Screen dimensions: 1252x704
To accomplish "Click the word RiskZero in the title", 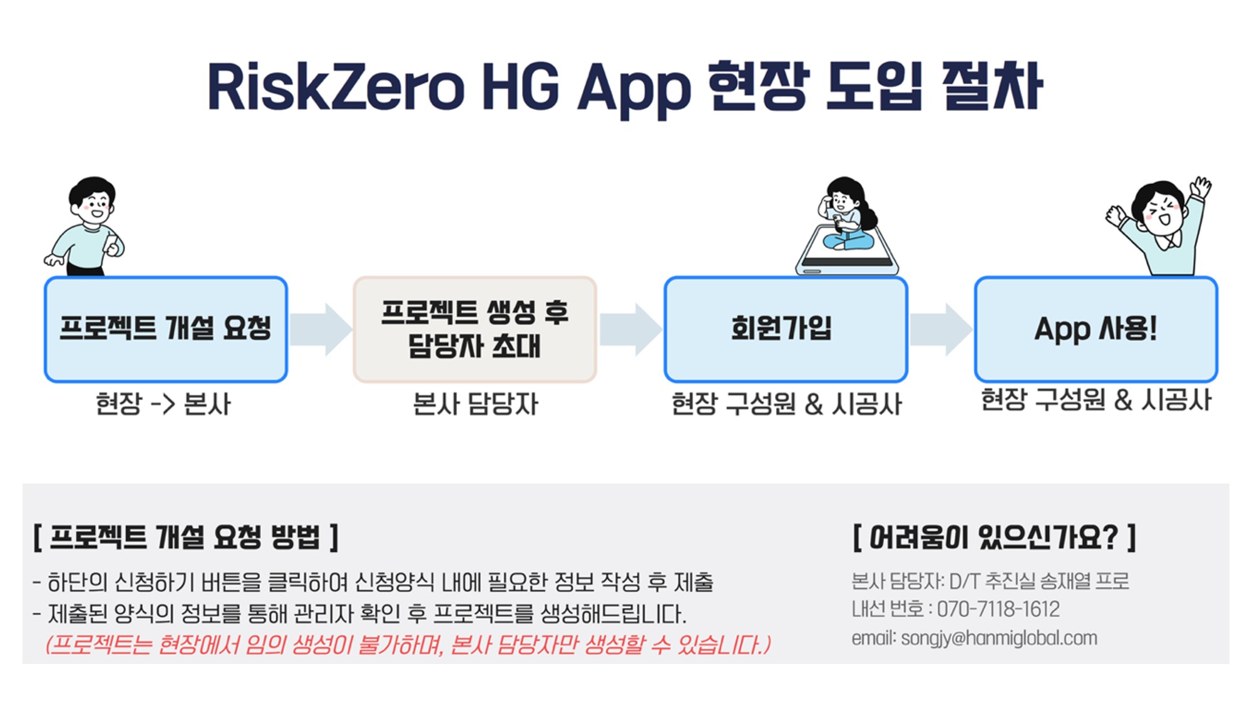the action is pos(336,87).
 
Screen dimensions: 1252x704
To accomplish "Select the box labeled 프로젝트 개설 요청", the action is pos(166,329).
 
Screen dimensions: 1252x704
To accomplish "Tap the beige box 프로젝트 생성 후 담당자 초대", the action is pos(475,329).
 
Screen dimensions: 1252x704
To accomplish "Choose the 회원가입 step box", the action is pos(786,329).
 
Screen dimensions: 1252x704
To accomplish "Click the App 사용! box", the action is pos(1095,329).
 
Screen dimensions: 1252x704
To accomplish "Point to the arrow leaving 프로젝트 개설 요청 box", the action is pos(321,329).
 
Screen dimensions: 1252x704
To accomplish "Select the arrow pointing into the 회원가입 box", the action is pos(630,329).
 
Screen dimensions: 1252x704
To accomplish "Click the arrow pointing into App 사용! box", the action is pos(941,329).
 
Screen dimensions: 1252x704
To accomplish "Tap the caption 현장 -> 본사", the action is pos(163,404).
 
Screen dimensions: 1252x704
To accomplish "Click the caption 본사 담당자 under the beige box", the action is pos(475,404).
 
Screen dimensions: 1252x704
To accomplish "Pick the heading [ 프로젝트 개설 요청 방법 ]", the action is pos(186,537).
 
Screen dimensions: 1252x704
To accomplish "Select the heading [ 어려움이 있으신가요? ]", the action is pos(994,537).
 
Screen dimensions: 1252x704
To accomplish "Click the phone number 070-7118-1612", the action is pos(998,609).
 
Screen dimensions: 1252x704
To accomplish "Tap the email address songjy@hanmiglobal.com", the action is pos(999,638).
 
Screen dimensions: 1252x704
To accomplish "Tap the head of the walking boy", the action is pos(93,201).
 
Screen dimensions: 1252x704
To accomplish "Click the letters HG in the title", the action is pos(520,87).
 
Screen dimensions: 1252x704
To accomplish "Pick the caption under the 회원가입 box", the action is pos(786,404).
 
